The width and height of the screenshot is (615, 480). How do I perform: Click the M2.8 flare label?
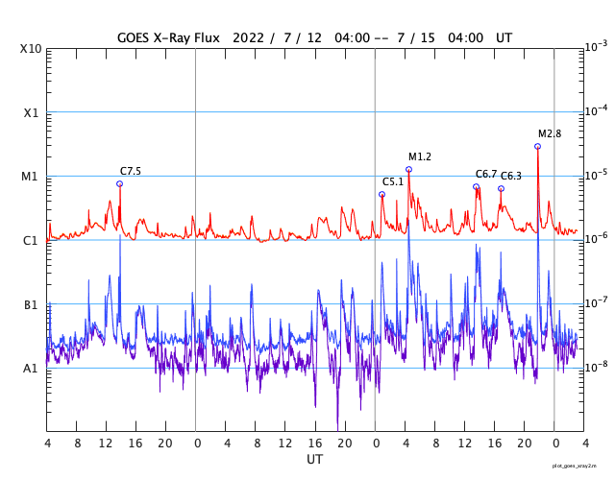[x=550, y=134]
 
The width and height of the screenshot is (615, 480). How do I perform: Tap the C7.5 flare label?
[x=131, y=172]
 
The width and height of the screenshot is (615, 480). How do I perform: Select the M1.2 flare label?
[x=420, y=157]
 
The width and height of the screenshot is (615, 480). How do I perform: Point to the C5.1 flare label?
[x=393, y=182]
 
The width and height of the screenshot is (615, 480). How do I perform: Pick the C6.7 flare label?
[x=486, y=175]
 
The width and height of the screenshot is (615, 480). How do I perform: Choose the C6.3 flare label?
[x=511, y=177]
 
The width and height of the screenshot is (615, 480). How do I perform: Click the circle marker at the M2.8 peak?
[x=537, y=146]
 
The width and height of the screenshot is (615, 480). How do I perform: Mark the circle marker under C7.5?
[x=119, y=183]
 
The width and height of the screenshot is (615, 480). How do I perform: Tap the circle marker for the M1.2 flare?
[x=408, y=169]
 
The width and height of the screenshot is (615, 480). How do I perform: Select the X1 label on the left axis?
[x=32, y=112]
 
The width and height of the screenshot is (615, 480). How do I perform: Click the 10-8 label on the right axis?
[x=595, y=367]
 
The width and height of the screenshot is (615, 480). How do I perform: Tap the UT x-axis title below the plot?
[x=315, y=460]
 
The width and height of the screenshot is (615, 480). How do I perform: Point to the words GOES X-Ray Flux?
[x=168, y=37]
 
